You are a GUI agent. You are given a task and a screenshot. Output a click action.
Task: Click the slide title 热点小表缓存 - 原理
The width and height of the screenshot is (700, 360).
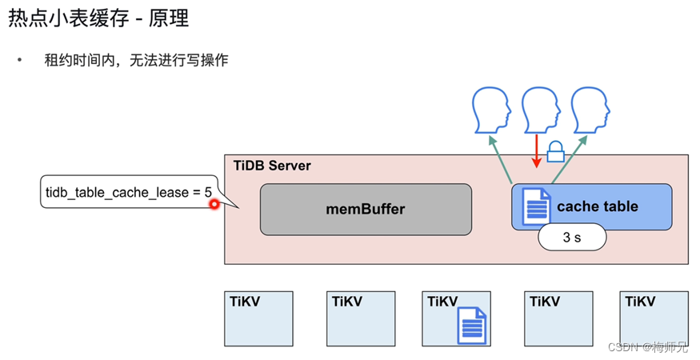click(98, 18)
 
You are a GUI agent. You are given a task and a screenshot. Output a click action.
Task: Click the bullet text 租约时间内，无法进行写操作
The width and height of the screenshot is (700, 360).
click(136, 60)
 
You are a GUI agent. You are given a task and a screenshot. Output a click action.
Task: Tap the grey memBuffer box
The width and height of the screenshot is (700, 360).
click(366, 210)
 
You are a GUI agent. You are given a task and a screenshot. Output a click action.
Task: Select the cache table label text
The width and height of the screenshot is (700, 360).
click(597, 206)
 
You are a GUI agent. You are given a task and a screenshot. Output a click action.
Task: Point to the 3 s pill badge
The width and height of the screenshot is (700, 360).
click(572, 237)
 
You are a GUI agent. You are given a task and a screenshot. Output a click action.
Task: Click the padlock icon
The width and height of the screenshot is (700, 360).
click(556, 150)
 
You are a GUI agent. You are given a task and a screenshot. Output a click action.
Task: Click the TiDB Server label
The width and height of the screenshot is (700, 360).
click(272, 166)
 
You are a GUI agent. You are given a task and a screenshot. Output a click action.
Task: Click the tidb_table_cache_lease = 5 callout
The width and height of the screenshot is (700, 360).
click(128, 192)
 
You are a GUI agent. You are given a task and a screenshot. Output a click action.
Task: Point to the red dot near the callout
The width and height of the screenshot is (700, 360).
click(214, 205)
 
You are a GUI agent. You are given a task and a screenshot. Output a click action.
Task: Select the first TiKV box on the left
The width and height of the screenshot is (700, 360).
click(258, 319)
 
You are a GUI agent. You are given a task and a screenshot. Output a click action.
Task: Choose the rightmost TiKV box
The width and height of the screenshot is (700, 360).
click(654, 319)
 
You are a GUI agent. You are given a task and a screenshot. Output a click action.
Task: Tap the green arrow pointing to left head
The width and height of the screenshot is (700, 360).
click(502, 158)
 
